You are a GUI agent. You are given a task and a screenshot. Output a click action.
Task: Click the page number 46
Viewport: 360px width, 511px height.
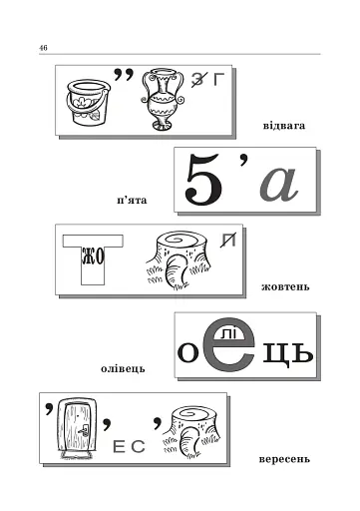pos(43,48)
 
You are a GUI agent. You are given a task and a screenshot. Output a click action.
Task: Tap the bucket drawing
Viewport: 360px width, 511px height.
pos(87,103)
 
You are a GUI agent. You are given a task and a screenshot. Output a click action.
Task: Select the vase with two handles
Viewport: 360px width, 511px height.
pos(163,99)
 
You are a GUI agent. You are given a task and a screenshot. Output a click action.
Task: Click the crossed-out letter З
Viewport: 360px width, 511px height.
pos(198,80)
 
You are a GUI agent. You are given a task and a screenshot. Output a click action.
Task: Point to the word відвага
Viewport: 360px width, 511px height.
pos(284,126)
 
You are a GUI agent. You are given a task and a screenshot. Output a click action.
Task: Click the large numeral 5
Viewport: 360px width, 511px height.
pos(203,179)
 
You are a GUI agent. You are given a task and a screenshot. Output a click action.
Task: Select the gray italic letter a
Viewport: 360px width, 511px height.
pos(278,184)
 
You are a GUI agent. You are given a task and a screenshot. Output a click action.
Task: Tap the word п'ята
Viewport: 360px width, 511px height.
pos(132,201)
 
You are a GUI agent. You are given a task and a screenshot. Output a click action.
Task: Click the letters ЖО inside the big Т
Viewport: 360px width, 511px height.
pos(93,256)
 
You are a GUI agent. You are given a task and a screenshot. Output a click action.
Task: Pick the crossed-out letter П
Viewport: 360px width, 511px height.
pos(228,241)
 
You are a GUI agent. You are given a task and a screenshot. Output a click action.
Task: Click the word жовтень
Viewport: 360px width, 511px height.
pos(285,286)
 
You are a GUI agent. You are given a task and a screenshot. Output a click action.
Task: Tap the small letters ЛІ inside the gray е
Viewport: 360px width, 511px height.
pos(228,333)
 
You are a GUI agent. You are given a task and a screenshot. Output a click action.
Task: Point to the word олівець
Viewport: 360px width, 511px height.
pos(123,368)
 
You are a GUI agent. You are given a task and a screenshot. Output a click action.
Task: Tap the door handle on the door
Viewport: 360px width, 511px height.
pos(84,431)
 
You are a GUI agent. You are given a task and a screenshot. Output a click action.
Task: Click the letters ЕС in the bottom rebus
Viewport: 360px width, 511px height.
pos(129,446)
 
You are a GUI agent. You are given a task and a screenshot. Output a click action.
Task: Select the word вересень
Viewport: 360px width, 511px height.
pos(284,460)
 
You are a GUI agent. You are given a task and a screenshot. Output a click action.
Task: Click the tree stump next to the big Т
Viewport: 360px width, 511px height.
pos(178,259)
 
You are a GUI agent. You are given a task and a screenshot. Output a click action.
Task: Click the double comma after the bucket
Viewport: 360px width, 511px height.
pos(124,74)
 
